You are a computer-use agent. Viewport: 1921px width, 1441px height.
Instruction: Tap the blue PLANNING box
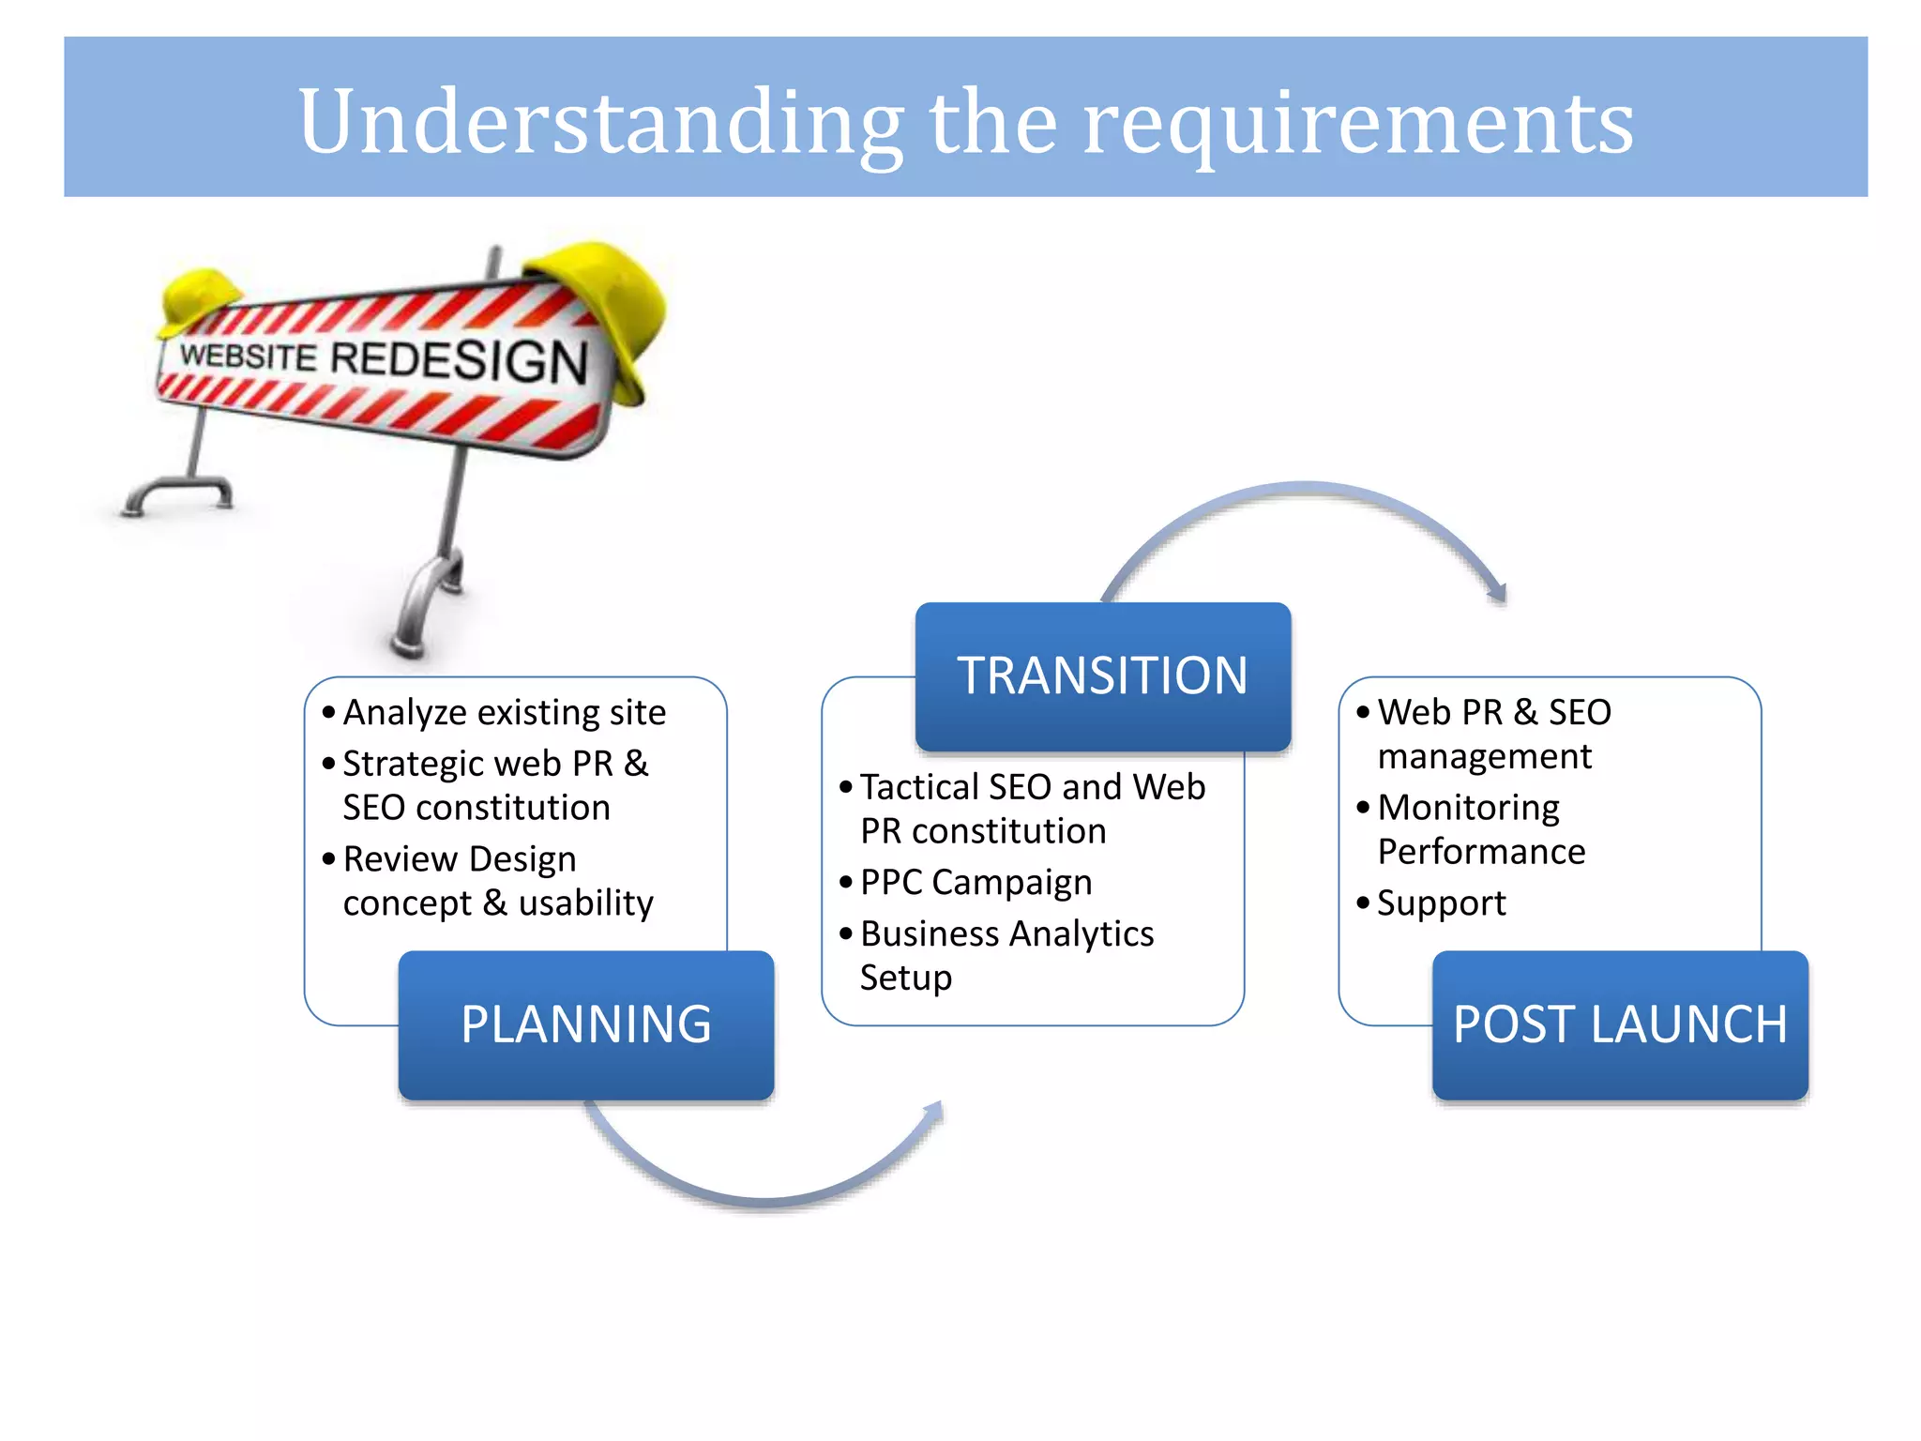coord(586,1024)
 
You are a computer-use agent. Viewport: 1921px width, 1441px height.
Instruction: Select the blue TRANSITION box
coord(1102,675)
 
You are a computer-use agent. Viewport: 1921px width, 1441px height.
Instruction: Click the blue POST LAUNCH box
coord(1620,1024)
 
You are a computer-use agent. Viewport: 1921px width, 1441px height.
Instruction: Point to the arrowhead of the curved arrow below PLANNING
coord(933,1112)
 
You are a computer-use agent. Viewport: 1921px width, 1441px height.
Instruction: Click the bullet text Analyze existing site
coord(504,713)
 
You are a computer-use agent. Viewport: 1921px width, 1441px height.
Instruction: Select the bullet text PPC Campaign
coord(976,883)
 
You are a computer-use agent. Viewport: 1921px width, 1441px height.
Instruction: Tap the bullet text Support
coord(1441,903)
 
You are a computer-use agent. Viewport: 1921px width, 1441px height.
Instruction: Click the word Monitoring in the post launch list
coord(1468,808)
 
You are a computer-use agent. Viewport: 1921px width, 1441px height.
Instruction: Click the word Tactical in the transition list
coord(919,787)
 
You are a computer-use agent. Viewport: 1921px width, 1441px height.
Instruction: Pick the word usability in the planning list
coord(585,903)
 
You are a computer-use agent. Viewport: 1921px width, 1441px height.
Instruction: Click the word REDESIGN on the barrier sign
coord(460,361)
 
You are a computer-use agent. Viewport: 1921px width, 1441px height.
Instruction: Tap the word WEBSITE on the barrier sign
coord(249,356)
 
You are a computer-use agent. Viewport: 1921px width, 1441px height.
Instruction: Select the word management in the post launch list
coord(1484,757)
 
